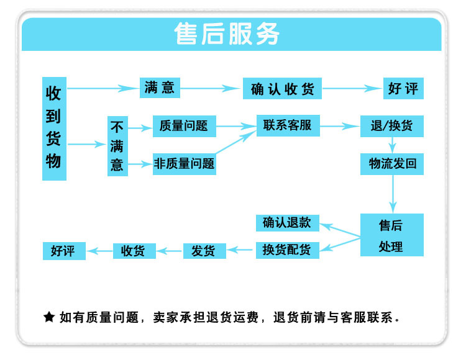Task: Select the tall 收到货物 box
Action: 54,128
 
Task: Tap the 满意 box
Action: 159,88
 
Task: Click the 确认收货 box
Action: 282,89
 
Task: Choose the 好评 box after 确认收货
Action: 403,88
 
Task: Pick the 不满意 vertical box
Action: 117,146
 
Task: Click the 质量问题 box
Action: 184,126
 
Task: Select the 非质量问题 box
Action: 185,164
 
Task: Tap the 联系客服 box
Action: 288,125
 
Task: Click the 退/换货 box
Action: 391,126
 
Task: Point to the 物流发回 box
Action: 392,164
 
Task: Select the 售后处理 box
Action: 391,235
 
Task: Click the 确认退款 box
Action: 287,222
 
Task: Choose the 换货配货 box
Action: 287,250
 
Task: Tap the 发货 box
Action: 204,251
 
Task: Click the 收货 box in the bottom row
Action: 134,251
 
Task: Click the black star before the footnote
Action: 49,317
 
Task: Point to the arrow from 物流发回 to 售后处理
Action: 392,194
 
